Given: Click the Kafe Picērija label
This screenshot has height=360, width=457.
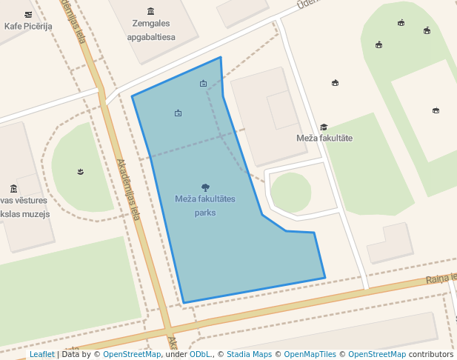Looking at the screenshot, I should pos(28,27).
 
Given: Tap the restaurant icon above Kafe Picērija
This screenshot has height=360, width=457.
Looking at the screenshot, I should pos(28,14).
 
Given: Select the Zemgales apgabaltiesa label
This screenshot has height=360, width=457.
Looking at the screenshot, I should pos(151,30).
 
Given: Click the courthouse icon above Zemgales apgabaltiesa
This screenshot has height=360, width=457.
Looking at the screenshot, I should pos(151,10).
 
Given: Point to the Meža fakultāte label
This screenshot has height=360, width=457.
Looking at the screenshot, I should pos(324,139).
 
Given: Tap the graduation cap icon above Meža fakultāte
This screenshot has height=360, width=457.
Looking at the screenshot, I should pos(324,127).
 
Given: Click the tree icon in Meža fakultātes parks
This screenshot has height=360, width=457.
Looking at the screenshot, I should pos(205,187).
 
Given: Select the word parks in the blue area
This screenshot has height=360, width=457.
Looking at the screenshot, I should pos(205,213).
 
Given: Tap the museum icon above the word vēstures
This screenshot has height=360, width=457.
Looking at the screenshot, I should pos(13,188).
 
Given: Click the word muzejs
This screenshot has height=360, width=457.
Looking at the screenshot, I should pos(36,214).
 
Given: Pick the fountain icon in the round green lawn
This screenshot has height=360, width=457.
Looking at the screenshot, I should pos(80,172).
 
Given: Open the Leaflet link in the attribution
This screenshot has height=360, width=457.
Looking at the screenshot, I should pos(42,354).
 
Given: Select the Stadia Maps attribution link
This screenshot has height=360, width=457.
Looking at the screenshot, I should pos(252,354).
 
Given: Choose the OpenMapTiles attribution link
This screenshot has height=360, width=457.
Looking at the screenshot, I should pos(310,354).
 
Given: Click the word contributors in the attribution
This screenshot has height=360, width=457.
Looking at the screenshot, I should pos(431,354).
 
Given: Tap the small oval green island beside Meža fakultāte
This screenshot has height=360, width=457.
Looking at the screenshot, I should pos(290,192).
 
